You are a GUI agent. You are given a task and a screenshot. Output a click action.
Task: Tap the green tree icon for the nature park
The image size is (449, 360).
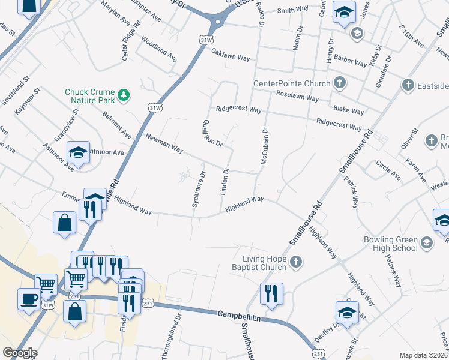coord(124,94)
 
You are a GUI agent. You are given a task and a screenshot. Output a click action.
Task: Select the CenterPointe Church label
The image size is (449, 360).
coord(292,83)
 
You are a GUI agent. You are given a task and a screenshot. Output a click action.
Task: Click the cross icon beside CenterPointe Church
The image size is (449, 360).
coord(339,83)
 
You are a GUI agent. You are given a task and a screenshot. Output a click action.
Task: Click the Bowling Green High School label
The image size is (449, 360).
coord(390,243)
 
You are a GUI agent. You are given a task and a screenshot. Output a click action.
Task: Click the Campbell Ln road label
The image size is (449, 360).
coord(238,314)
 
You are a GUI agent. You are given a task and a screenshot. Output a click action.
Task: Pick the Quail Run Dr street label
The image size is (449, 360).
coord(213,133)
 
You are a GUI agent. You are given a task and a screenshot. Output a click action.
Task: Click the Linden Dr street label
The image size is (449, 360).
coord(226,181)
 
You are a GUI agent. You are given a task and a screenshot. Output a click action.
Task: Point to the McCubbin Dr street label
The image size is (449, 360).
coord(263,146)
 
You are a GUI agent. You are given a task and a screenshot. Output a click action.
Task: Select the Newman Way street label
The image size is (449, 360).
coord(164,143)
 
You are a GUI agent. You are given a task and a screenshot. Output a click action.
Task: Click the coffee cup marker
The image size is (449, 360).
coord(29,299)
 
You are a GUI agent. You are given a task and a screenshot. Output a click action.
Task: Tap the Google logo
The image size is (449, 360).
coord(20,353)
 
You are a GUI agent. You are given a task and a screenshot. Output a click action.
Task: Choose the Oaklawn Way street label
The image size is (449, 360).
coord(231,53)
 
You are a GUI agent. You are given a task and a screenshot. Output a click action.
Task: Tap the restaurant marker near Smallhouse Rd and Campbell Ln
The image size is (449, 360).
coord(271,293)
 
